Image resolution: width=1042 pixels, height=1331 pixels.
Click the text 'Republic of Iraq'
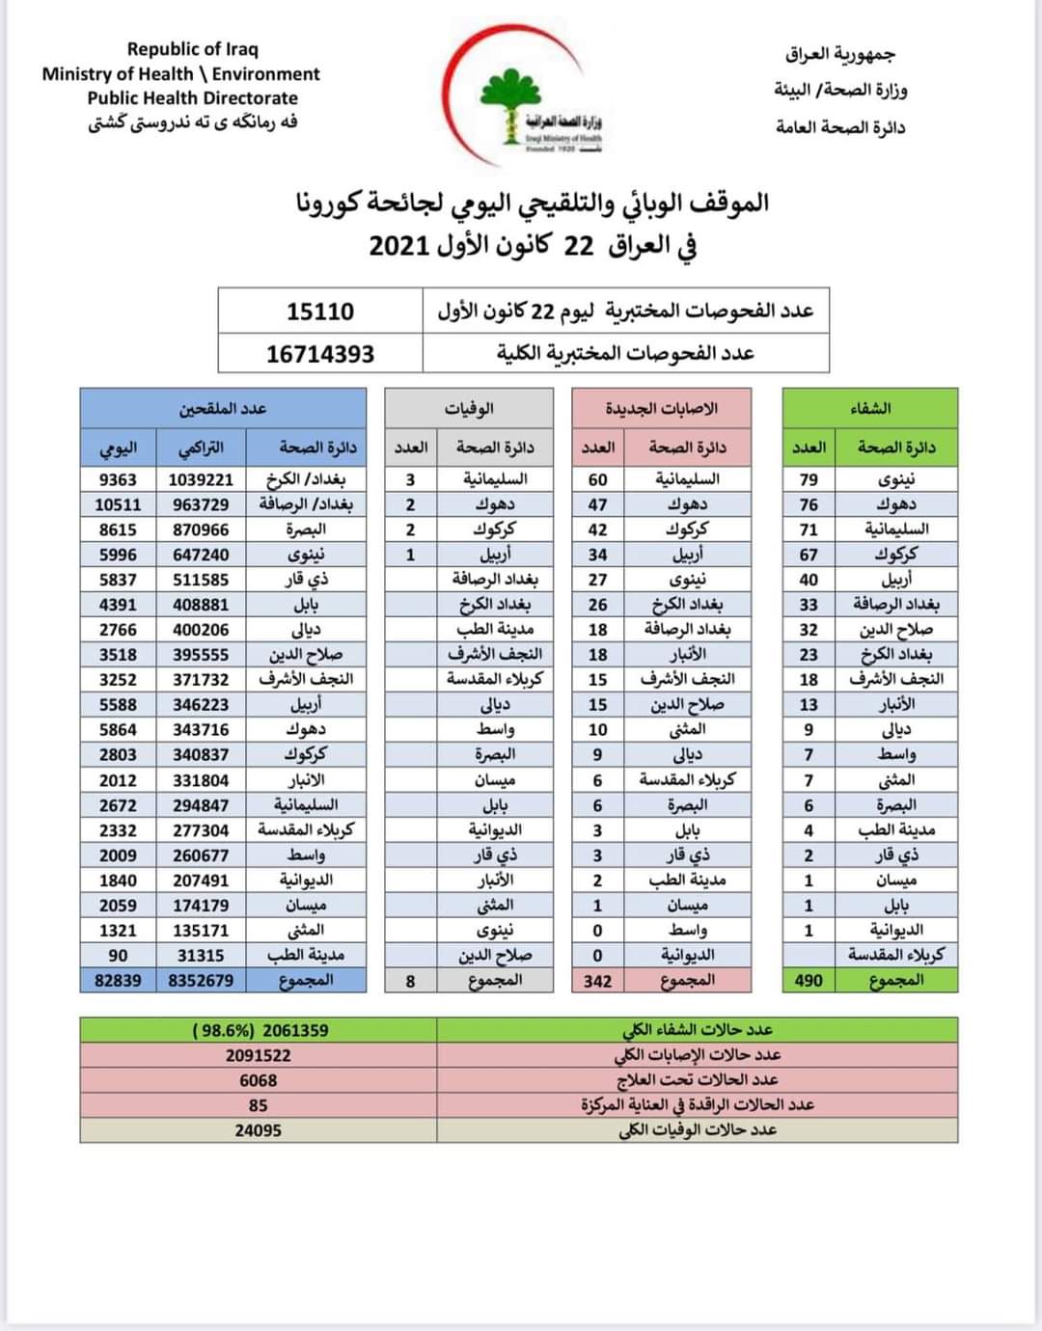(x=192, y=49)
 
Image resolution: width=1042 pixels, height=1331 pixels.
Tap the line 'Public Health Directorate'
(x=192, y=98)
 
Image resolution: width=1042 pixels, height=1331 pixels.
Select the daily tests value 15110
(x=320, y=312)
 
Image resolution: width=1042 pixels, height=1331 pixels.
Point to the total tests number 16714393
(x=320, y=354)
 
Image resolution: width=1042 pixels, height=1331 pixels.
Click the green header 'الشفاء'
(x=869, y=408)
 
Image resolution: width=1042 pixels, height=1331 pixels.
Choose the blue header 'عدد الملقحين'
(x=223, y=408)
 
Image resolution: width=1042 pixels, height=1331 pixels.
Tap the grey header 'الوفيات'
(x=469, y=408)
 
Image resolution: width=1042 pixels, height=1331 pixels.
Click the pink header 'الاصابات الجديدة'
(x=661, y=408)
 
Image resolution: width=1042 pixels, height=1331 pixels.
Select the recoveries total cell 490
(x=809, y=980)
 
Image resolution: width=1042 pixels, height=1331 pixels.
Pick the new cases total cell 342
(x=597, y=980)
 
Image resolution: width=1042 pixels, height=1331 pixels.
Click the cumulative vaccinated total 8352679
(x=201, y=980)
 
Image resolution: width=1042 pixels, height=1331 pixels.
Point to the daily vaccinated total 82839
(x=118, y=980)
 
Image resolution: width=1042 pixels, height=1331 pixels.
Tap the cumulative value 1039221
(x=201, y=479)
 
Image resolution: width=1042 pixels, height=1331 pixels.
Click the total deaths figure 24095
(x=258, y=1130)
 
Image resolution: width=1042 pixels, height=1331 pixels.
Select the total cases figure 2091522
(x=258, y=1055)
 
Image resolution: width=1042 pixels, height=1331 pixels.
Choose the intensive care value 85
(x=258, y=1105)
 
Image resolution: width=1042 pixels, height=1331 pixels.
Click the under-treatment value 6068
(x=258, y=1080)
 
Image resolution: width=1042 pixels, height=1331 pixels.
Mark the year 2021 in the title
(x=398, y=246)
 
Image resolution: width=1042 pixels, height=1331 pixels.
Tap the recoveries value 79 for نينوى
(x=809, y=479)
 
